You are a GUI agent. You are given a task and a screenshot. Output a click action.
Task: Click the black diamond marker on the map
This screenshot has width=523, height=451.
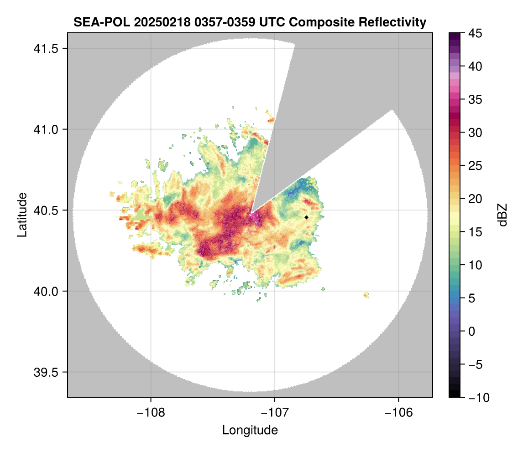(307, 217)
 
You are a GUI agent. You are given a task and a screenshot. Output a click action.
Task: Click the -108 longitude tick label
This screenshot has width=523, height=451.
(150, 412)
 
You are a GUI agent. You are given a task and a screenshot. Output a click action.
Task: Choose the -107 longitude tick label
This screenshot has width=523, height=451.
(275, 412)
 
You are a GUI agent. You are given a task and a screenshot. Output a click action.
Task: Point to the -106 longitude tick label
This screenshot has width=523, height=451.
(399, 412)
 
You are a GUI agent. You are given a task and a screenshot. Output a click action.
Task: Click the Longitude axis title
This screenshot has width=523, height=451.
(250, 430)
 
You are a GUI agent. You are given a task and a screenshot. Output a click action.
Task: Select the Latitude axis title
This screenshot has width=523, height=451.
(21, 215)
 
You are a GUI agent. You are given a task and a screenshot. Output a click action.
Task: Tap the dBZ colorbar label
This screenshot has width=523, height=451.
(502, 215)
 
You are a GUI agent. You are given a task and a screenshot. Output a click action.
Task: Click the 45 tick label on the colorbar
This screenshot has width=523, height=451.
(475, 33)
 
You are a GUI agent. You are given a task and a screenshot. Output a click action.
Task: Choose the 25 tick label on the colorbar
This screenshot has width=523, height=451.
(475, 166)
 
